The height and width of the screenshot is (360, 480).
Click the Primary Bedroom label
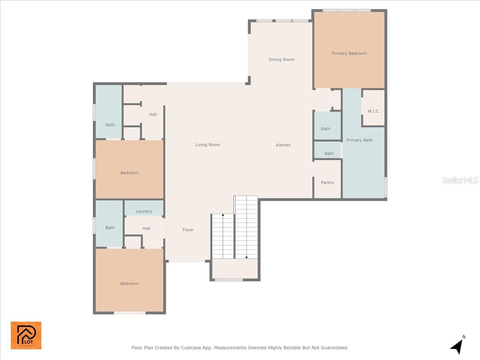point(349,53)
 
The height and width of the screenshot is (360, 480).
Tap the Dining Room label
point(281,60)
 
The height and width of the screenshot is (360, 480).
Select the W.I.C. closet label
point(374,111)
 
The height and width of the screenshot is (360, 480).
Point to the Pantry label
point(327,182)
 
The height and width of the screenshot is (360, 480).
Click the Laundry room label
point(144,211)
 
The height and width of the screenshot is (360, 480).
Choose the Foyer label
point(188,230)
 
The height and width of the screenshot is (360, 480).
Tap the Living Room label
point(208,145)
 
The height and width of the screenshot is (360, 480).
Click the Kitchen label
point(283,145)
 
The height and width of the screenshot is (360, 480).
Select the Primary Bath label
point(359,140)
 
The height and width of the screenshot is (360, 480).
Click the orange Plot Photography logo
point(26,335)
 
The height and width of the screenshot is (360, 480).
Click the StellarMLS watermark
point(460,180)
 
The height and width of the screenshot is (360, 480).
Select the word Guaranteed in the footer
point(334,348)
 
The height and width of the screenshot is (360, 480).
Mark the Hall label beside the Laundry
point(146,228)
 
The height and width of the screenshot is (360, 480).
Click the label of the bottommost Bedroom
point(129,284)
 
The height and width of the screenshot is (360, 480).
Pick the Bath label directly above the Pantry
point(329,153)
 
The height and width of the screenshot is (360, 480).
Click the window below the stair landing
point(229,280)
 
